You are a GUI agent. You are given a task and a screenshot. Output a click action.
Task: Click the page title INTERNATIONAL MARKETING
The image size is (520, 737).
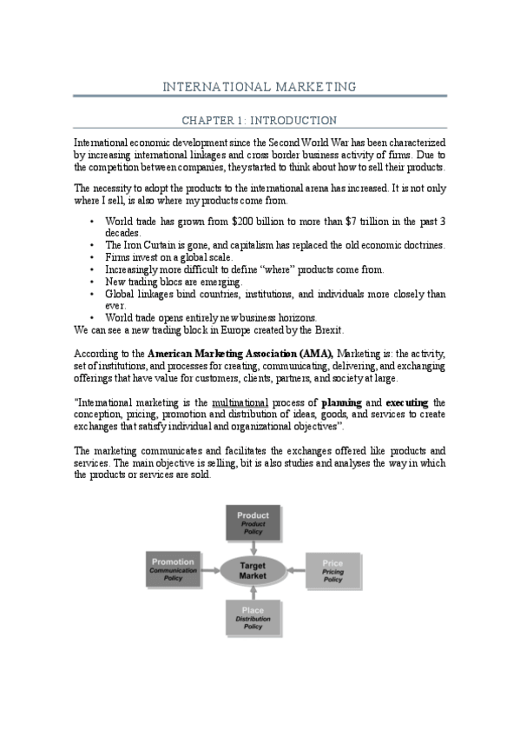260,87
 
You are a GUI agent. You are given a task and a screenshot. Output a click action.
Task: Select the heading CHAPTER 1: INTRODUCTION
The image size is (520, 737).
259,120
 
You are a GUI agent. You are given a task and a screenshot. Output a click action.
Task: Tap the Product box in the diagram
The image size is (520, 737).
253,521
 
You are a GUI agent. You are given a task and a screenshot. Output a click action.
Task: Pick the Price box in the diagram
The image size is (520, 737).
332,569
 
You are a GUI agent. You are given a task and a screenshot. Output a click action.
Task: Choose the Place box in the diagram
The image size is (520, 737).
253,617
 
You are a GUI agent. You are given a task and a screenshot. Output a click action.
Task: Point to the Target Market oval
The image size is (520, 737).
253,569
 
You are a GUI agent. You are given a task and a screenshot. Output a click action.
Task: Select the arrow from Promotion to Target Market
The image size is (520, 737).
211,569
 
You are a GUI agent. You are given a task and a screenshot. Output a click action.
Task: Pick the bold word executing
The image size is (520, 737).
407,403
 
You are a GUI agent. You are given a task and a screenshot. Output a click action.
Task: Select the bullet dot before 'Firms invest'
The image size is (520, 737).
92,257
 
